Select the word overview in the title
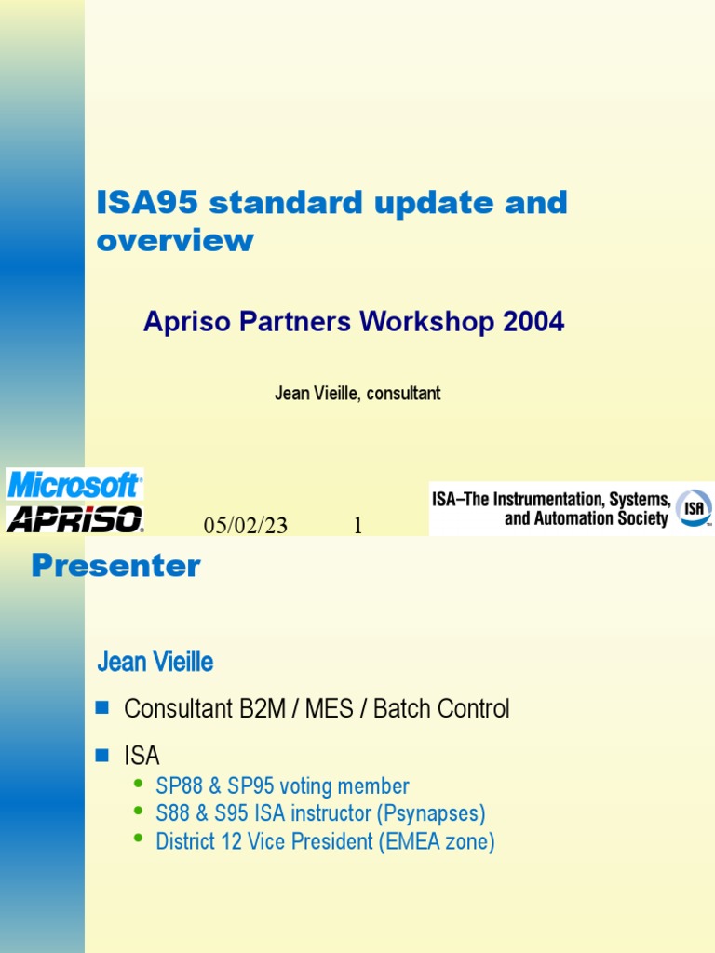pos(175,240)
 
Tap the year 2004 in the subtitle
pos(533,322)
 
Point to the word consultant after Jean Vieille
pos(403,393)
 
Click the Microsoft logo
pos(74,485)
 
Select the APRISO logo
pos(74,518)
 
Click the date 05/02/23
pos(246,527)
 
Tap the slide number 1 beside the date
pos(357,527)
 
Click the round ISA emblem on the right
pos(693,508)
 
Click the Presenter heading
pos(115,566)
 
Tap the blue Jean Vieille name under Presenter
pos(155,663)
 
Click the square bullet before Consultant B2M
pos(103,708)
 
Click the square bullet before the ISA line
pos(103,754)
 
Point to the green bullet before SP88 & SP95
pos(140,784)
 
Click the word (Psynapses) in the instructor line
pos(431,813)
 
